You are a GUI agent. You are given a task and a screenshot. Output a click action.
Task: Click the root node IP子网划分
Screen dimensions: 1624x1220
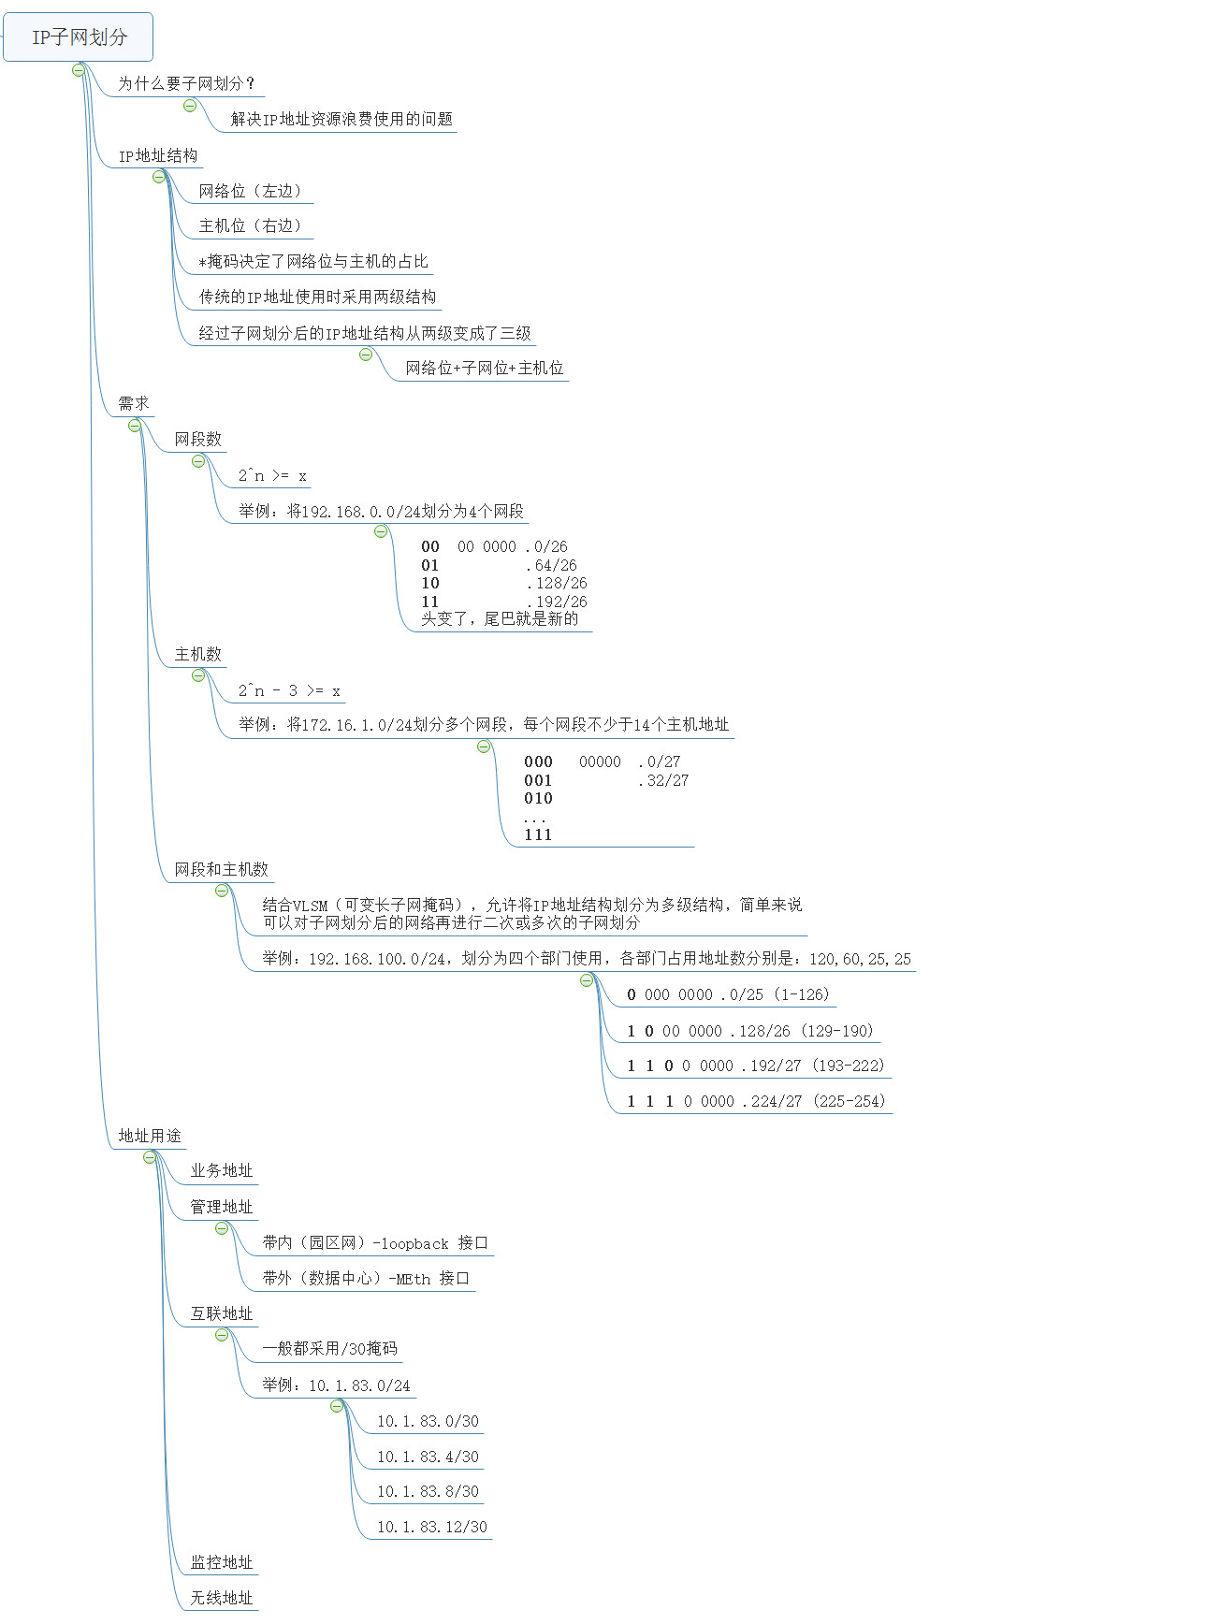click(79, 37)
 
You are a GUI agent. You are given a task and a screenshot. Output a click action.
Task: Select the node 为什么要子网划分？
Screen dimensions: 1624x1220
click(186, 83)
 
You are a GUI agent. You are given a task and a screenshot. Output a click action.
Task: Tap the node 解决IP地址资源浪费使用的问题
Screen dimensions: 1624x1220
click(341, 119)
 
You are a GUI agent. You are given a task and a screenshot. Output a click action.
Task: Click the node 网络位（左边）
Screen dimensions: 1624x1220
click(251, 191)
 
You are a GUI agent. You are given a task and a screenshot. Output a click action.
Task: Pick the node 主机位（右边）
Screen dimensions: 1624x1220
click(251, 225)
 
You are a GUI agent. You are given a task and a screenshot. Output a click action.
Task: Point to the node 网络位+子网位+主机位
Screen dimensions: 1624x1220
click(485, 368)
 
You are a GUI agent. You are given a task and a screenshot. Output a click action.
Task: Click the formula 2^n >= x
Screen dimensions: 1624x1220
click(272, 475)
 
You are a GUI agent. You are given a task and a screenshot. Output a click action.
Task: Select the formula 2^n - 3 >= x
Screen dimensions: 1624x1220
click(289, 690)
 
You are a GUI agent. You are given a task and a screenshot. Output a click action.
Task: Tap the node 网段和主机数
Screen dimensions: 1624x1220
click(221, 869)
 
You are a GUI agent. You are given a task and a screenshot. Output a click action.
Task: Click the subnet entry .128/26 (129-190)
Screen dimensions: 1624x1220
click(750, 1031)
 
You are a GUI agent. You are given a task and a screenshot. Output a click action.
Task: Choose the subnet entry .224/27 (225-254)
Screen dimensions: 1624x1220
click(756, 1101)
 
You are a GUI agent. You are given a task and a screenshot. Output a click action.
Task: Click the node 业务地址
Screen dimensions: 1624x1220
click(222, 1170)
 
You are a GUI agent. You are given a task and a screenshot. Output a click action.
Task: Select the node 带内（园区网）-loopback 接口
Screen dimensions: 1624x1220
click(375, 1242)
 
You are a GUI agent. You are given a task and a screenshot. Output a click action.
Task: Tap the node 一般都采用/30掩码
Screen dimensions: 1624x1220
click(329, 1348)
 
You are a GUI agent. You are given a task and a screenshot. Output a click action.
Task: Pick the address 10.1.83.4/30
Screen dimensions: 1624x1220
click(428, 1457)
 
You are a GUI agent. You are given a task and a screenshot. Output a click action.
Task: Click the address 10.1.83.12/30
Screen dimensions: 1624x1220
click(432, 1527)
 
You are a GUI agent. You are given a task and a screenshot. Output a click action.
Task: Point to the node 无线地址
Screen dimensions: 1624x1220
click(222, 1598)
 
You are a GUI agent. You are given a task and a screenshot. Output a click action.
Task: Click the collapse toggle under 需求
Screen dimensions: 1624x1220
click(135, 426)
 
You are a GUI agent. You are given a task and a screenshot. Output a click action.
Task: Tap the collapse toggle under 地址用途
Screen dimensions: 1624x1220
click(150, 1157)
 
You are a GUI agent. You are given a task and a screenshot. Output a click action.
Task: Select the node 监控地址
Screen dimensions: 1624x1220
click(222, 1562)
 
